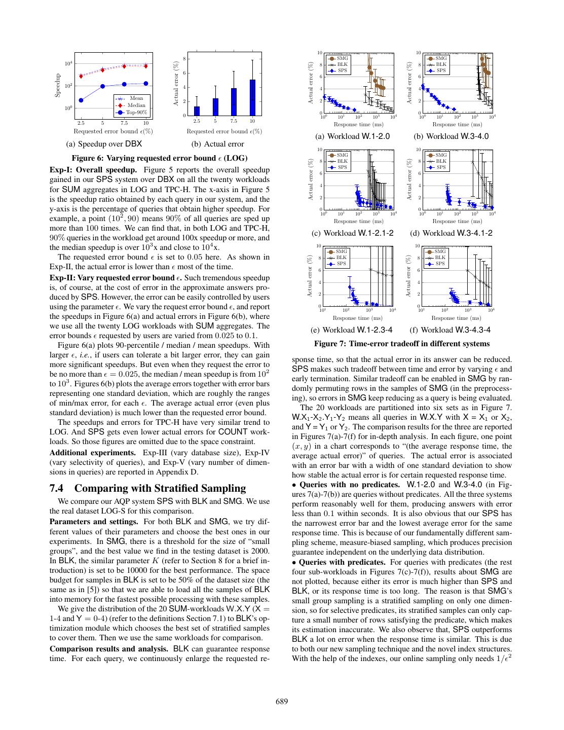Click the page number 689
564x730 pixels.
[x=282, y=702]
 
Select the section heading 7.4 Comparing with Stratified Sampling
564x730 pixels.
[x=147, y=488]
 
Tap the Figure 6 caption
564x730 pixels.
[x=160, y=158]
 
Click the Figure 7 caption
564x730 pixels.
[x=402, y=344]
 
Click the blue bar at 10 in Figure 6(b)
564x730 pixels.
[x=252, y=97]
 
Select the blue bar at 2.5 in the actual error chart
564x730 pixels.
[x=197, y=111]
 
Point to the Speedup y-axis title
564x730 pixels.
[x=58, y=85]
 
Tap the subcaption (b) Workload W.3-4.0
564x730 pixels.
[x=451, y=136]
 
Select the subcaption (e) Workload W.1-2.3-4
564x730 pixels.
[x=351, y=330]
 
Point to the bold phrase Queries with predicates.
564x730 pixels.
[x=343, y=562]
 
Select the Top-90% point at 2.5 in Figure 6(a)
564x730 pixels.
[x=81, y=100]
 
